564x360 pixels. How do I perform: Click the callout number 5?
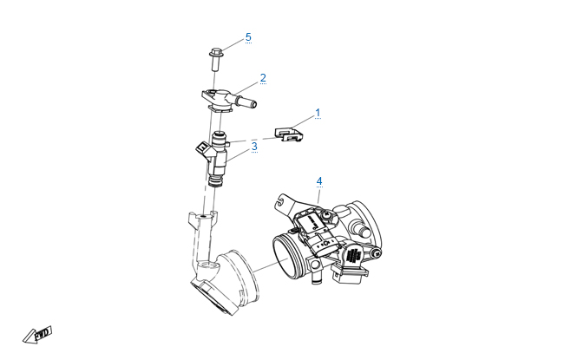(x=248, y=37)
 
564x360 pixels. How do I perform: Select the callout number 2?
(x=263, y=78)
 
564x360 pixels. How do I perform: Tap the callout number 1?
(x=318, y=113)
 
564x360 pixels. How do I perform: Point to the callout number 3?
(x=254, y=147)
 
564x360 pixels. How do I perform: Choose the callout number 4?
(x=319, y=181)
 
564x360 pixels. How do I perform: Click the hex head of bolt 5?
(x=215, y=53)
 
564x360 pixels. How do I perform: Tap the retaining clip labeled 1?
(x=289, y=134)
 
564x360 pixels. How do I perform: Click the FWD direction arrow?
(x=37, y=335)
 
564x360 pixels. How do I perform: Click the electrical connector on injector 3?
(x=203, y=148)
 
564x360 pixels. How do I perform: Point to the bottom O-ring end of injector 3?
(x=216, y=181)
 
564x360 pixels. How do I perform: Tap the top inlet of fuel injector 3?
(x=220, y=136)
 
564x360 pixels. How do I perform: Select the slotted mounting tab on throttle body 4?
(x=285, y=204)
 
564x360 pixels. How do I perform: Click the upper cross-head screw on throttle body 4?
(x=328, y=215)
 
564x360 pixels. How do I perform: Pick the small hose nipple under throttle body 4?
(x=316, y=277)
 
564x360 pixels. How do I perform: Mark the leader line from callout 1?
(x=303, y=121)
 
